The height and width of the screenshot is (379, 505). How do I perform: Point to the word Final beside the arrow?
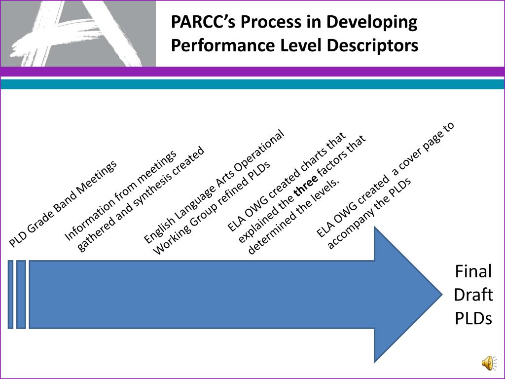[x=473, y=271]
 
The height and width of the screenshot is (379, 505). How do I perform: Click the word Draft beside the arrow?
[x=473, y=295]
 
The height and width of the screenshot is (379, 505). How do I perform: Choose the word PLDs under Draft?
[x=473, y=318]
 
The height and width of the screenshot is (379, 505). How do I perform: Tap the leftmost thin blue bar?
[x=10, y=294]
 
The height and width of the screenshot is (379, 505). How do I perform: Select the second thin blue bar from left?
[x=21, y=294]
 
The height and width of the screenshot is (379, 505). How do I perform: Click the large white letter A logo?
[x=74, y=32]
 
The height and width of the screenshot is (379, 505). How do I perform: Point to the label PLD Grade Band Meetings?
[x=63, y=203]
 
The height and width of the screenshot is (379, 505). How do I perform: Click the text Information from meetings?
[x=121, y=195]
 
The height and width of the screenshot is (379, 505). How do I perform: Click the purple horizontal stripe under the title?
[x=252, y=72]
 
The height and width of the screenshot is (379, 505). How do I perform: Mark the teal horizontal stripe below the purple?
[x=252, y=84]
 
